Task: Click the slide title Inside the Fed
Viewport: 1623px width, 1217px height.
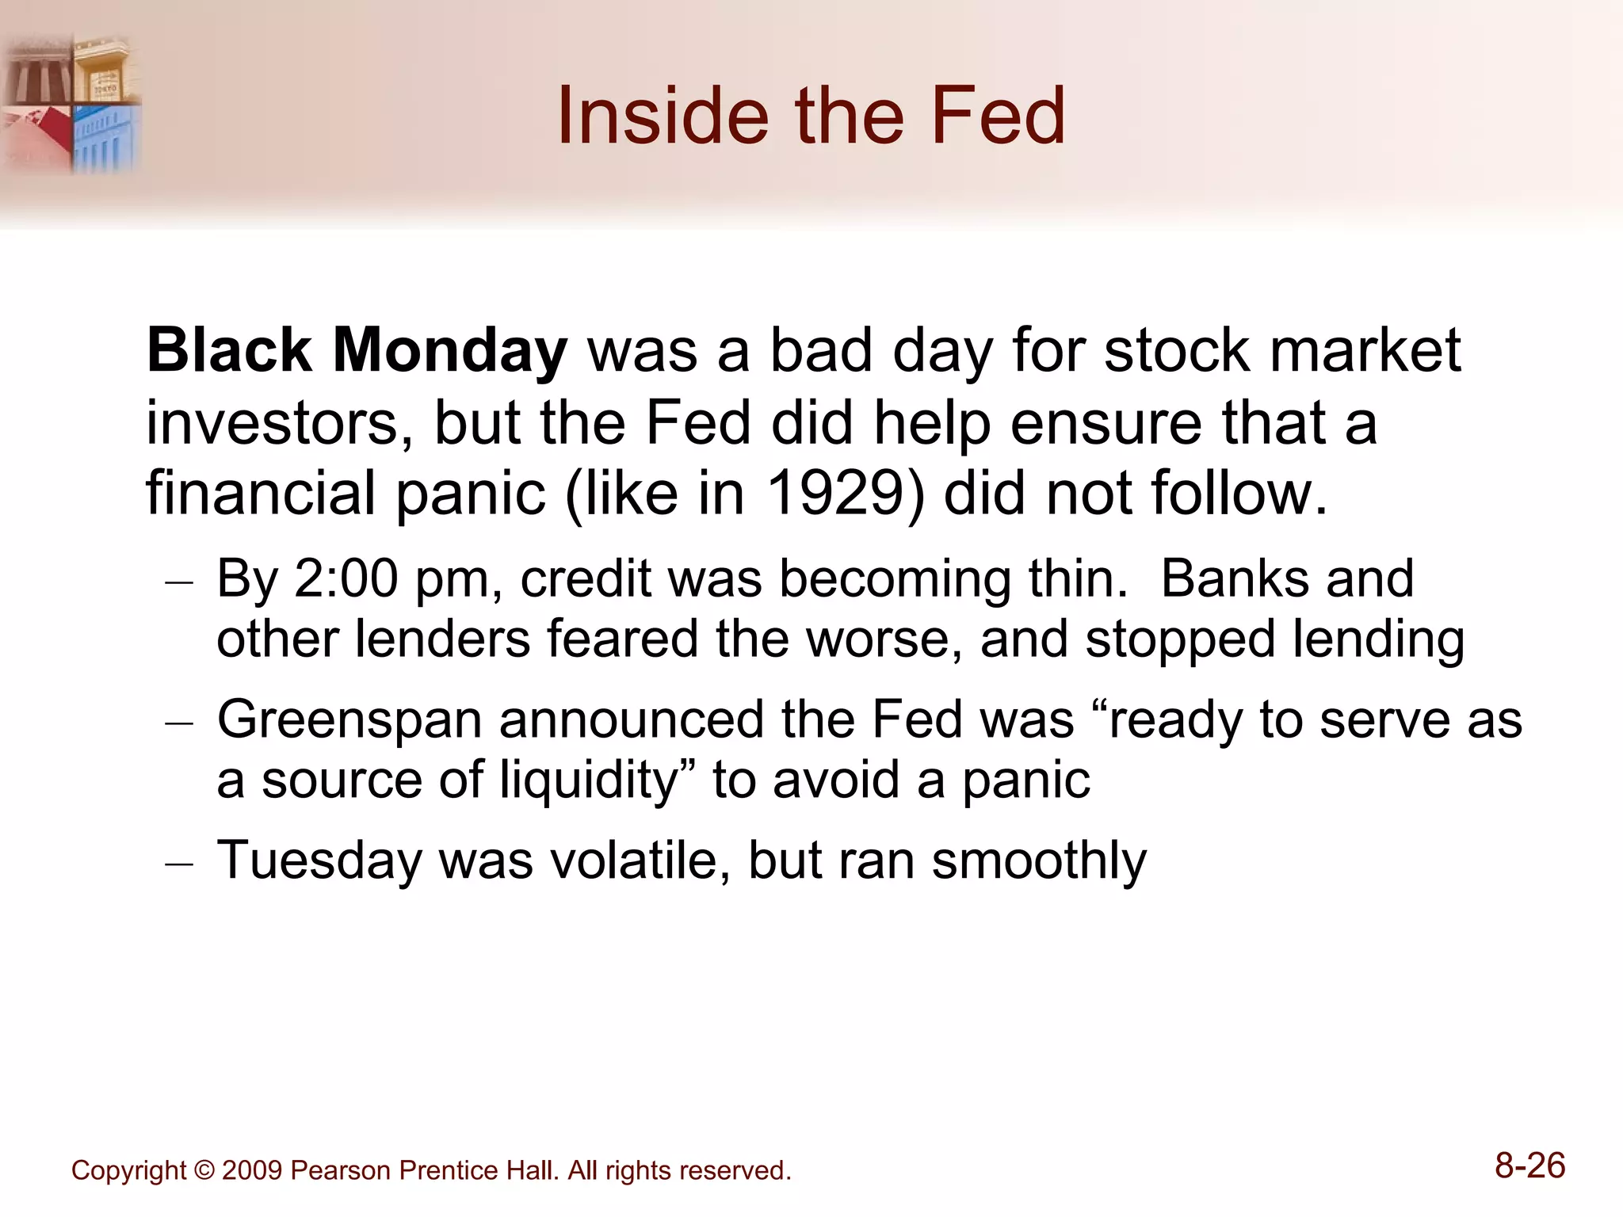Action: click(x=811, y=116)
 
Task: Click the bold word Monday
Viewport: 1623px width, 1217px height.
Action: click(x=449, y=351)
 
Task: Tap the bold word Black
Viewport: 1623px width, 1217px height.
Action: click(x=229, y=351)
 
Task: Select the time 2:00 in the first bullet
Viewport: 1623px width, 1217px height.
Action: click(x=346, y=579)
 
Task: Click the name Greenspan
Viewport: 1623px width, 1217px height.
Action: click(x=349, y=721)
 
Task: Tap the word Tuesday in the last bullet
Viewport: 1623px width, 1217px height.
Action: click(x=319, y=860)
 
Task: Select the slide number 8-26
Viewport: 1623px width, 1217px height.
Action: click(x=1529, y=1166)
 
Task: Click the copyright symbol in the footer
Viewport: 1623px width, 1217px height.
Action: click(x=204, y=1171)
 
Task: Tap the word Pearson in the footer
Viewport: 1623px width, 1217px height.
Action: click(x=340, y=1171)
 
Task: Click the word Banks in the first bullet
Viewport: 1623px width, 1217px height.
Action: click(x=1235, y=579)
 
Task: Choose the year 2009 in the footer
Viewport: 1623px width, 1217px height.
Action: click(x=252, y=1171)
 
